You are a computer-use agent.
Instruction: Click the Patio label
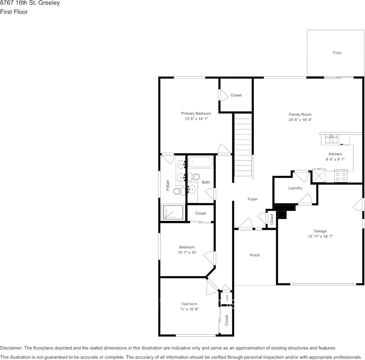coord(337,53)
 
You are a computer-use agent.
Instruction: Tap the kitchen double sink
coord(331,139)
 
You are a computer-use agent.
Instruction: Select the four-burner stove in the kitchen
coord(341,176)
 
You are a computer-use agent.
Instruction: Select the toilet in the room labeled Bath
coord(195,177)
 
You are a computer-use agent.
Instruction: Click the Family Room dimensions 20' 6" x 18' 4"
coord(300,119)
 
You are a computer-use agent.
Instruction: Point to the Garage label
coord(320,231)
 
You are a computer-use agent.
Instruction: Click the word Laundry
coord(295,188)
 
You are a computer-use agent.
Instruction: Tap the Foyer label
coord(252,199)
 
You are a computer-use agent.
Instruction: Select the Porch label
coord(255,255)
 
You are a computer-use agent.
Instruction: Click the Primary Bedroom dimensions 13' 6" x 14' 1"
coord(196,119)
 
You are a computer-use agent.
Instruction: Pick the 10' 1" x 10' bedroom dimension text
coord(187,252)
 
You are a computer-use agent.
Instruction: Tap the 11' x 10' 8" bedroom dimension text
coord(189,309)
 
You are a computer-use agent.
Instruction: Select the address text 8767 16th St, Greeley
coord(30,3)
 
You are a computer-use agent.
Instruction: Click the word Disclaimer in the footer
coord(11,348)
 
